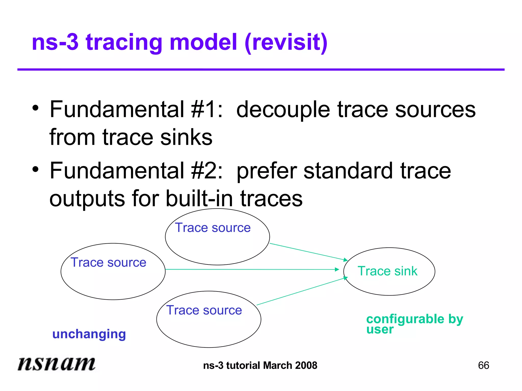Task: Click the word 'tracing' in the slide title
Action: [x=124, y=42]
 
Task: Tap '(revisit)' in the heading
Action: [x=286, y=42]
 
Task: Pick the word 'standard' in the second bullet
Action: [x=348, y=171]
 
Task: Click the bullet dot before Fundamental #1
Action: [x=35, y=108]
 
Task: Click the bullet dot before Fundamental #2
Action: [x=35, y=169]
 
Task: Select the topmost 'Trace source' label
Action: [x=213, y=228]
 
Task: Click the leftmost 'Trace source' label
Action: [x=108, y=262]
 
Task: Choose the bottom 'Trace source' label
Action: [x=204, y=310]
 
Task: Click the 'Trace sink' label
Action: [x=387, y=271]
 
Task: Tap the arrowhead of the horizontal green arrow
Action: [x=337, y=269]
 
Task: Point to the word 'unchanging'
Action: [x=89, y=334]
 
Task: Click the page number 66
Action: [x=483, y=366]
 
